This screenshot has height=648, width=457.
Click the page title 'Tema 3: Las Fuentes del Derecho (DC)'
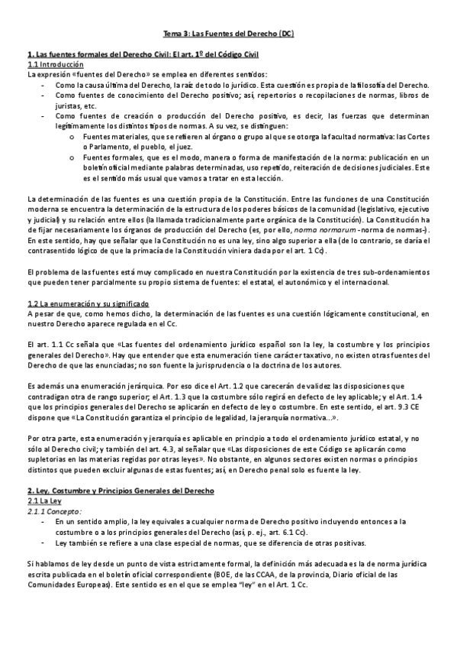pos(229,34)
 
